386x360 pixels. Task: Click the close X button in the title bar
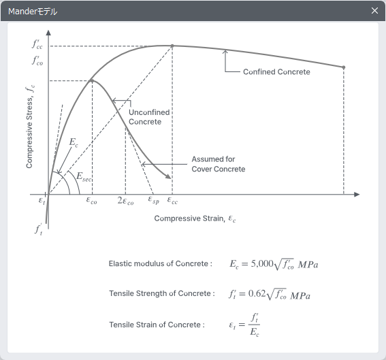(x=374, y=11)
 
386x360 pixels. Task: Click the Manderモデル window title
(x=33, y=12)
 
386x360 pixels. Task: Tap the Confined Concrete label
(x=276, y=72)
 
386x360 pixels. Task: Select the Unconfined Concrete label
(x=149, y=117)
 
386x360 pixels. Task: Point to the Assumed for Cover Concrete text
(x=219, y=164)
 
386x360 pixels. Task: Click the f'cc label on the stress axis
(x=37, y=44)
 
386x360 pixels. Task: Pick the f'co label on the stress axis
(x=37, y=61)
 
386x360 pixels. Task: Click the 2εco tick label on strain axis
(x=125, y=201)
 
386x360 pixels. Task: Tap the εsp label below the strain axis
(x=154, y=200)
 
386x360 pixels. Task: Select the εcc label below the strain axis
(x=172, y=201)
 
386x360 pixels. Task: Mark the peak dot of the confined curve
(x=172, y=46)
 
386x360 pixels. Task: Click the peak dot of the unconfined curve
(x=92, y=80)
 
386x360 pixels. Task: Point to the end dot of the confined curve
(x=344, y=67)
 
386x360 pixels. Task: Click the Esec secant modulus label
(x=84, y=177)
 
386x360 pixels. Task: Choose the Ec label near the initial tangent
(x=74, y=142)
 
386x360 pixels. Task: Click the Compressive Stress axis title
(x=30, y=127)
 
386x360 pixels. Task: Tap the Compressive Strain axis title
(x=195, y=218)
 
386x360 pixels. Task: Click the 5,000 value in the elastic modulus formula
(x=262, y=263)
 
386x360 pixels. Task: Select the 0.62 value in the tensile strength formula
(x=257, y=293)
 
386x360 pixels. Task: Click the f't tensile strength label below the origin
(x=38, y=229)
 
